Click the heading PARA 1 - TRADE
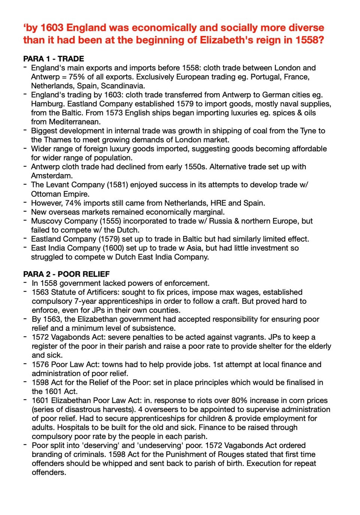[53, 59]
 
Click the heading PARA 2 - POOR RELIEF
[66, 274]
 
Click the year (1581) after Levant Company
[117, 184]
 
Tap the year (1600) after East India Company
[114, 248]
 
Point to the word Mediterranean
[74, 122]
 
